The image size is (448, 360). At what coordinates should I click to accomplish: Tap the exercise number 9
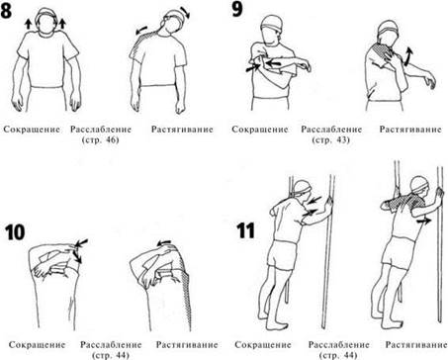coord(237,9)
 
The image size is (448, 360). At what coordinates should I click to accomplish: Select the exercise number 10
coord(15,232)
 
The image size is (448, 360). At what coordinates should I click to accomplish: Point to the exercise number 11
coord(245,230)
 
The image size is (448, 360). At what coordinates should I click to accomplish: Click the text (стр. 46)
coord(100,139)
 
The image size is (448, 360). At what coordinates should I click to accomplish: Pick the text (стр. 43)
coord(330,139)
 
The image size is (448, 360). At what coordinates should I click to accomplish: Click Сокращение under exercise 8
coord(32,130)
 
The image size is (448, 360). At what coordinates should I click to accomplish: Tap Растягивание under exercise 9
coord(410,130)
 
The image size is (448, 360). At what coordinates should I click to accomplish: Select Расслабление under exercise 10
coord(111,345)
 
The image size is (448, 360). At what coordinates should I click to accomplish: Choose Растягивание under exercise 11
coord(416,345)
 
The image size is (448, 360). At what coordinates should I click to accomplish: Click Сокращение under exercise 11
coord(263,345)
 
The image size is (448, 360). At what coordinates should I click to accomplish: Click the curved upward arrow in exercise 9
coord(408,56)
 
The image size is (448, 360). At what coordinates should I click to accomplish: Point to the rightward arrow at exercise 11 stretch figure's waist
coord(423,222)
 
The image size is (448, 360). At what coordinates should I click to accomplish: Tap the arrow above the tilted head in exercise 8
coord(186,13)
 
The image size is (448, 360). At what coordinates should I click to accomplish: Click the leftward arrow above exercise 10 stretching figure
coord(164,243)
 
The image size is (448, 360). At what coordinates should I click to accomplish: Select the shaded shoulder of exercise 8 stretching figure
coord(142,41)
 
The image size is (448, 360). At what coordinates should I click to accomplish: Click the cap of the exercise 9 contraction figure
coord(272,24)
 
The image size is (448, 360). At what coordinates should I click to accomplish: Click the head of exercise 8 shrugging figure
coord(45,23)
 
